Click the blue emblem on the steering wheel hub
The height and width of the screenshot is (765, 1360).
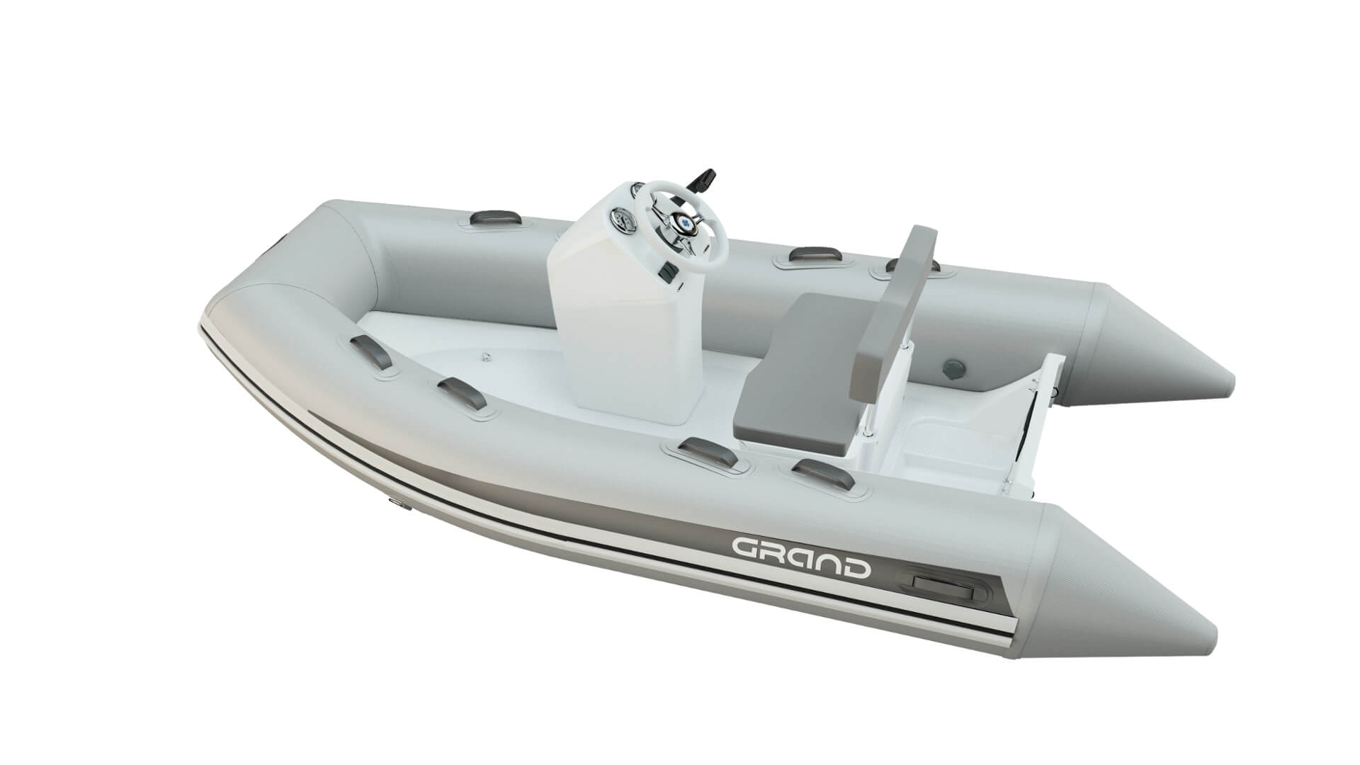click(x=686, y=222)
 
